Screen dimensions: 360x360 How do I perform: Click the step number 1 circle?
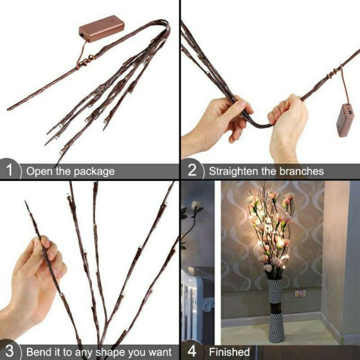pos(10,170)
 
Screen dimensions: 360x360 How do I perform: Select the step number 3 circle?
pos(10,351)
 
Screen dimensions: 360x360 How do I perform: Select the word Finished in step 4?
pos(229,352)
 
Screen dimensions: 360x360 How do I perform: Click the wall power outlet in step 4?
pos(300,294)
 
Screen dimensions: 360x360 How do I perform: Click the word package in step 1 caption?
pos(92,172)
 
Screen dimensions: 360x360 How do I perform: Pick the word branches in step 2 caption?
pos(304,171)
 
